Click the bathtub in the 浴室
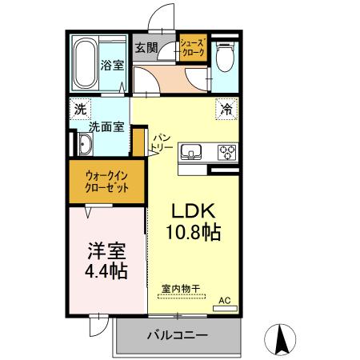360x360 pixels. (84, 63)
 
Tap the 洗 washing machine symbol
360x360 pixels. (80, 108)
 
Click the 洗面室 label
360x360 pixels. (105, 126)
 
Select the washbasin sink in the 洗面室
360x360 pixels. (84, 145)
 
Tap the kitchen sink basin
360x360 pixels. (192, 152)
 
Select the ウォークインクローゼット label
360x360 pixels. (106, 183)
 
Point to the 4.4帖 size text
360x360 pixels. (107, 271)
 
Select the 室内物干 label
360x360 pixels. (180, 288)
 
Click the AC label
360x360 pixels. (225, 300)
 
